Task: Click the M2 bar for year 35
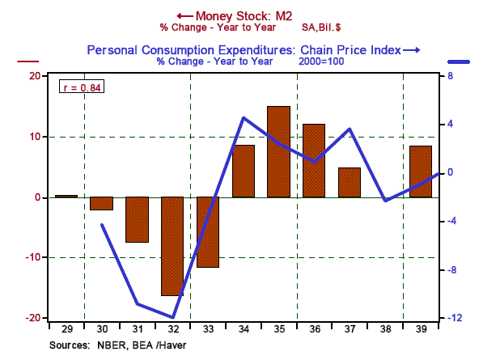click(278, 151)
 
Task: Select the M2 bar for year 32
click(172, 246)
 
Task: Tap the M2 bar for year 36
click(314, 160)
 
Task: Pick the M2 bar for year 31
click(137, 219)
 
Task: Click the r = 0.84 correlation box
click(83, 87)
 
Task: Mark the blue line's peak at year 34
click(244, 118)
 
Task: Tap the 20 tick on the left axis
click(36, 76)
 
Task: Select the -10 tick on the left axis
click(32, 258)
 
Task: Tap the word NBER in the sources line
click(111, 345)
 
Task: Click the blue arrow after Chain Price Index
click(412, 51)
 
